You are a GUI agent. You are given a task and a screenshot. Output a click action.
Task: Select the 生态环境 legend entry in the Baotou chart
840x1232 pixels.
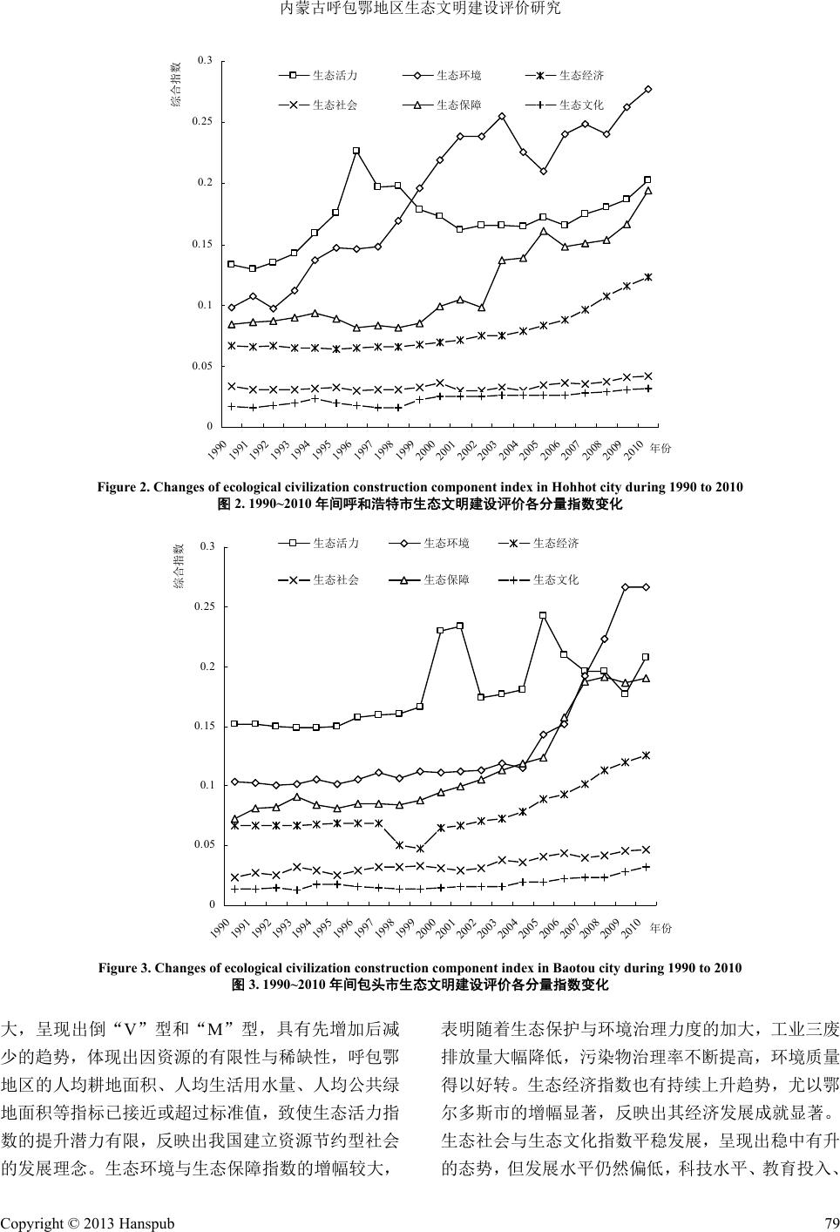click(x=445, y=544)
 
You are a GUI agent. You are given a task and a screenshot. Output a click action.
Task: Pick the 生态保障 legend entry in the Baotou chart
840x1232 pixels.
click(x=445, y=579)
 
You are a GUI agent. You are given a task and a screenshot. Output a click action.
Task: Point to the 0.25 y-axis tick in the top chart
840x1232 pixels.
click(x=203, y=122)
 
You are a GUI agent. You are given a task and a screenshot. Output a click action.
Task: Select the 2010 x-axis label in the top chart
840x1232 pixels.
click(x=634, y=449)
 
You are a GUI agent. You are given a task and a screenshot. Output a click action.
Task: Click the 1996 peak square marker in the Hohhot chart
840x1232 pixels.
click(x=356, y=151)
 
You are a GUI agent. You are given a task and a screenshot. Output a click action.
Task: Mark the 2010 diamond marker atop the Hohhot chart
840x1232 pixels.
click(x=648, y=89)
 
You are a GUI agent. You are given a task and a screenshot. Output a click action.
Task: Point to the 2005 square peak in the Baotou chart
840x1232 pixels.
click(x=543, y=615)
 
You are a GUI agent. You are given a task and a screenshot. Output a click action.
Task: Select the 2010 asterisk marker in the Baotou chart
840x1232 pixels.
click(x=646, y=755)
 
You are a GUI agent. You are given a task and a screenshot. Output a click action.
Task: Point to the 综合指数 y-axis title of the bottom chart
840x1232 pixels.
click(x=180, y=566)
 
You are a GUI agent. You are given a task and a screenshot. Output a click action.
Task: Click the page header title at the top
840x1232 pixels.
click(x=420, y=10)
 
